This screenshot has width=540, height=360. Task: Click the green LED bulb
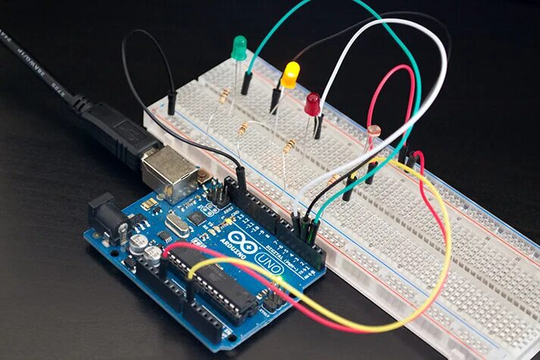pos(239,47)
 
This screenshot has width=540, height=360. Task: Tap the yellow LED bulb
pos(289,74)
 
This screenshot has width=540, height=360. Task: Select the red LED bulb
pos(312,104)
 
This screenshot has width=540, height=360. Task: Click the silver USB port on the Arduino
pos(169,167)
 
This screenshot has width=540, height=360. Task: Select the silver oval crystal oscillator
pos(177,224)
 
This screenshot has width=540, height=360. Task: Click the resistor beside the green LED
pos(224,95)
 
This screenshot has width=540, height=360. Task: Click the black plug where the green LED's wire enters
pos(246,84)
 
